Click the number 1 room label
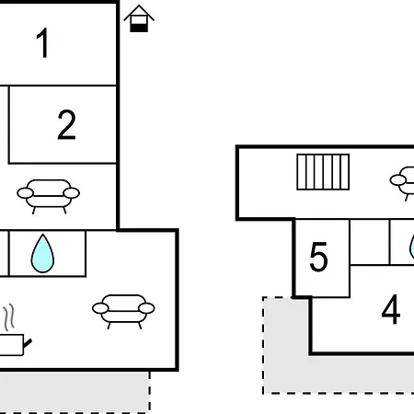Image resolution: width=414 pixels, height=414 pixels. (x=42, y=42)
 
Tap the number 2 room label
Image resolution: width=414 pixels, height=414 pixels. (x=66, y=125)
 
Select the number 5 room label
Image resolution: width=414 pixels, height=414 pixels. (x=318, y=257)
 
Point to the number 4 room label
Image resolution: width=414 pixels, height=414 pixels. (x=391, y=309)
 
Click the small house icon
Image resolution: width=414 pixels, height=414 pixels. (x=139, y=18)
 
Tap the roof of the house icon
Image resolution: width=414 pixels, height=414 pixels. (x=139, y=12)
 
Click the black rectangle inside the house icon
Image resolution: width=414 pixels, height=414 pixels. (x=139, y=28)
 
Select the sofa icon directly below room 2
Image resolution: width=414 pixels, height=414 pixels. (x=49, y=196)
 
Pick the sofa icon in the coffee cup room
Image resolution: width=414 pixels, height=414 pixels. (x=123, y=311)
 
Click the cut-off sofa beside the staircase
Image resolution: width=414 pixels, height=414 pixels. (x=402, y=183)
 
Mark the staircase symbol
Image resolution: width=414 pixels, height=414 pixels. (x=323, y=172)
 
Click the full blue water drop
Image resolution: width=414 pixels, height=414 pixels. (x=42, y=254)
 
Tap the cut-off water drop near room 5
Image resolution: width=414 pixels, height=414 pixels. (x=412, y=247)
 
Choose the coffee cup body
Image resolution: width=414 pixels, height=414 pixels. (x=11, y=345)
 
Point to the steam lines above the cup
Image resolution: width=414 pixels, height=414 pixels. (x=9, y=317)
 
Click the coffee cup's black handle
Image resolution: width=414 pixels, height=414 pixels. (x=28, y=343)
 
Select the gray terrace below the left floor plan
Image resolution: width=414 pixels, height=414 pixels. (x=75, y=392)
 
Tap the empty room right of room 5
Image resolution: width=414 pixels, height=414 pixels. (x=370, y=242)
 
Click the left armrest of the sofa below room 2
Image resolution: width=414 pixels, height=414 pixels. (x=25, y=193)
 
